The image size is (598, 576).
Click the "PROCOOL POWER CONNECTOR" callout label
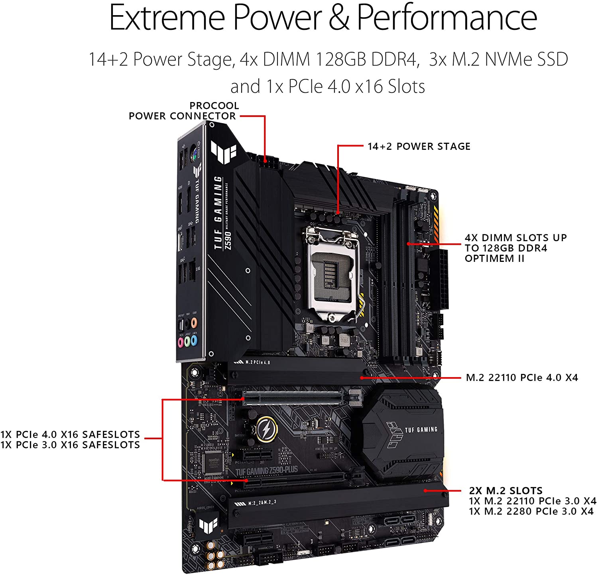point(183,111)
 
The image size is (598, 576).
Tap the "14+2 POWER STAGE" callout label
point(419,147)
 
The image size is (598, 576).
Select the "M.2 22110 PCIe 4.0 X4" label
point(521,377)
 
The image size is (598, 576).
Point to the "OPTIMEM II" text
point(494,259)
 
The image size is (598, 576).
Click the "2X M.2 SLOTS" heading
point(506,491)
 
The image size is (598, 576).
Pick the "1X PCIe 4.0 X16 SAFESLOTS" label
point(70,434)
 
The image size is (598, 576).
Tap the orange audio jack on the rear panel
point(194,322)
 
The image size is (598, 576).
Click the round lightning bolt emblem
point(265,429)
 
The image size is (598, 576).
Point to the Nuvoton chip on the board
point(212,462)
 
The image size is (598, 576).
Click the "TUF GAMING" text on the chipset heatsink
point(421,430)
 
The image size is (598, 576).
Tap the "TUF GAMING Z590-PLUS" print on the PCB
point(266,471)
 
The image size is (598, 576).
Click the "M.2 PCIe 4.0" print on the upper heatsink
point(257,362)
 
